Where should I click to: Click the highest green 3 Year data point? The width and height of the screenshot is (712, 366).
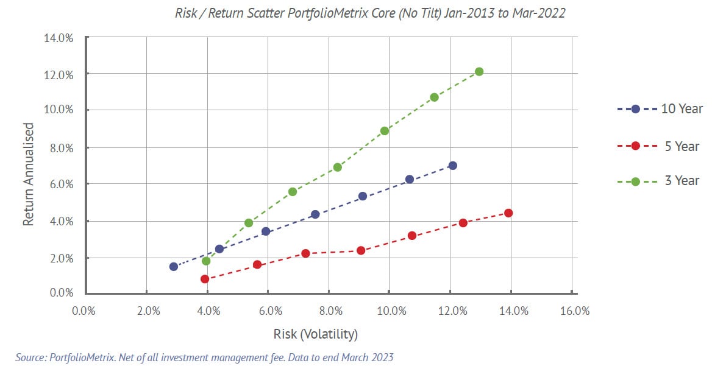479,72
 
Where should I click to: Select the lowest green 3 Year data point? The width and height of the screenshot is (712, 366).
206,261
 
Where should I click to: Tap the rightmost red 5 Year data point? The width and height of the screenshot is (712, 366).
508,213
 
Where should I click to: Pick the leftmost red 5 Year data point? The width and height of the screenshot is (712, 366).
205,279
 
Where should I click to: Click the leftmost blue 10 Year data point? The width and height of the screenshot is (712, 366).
174,266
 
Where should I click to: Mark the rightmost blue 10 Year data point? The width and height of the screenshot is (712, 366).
452,166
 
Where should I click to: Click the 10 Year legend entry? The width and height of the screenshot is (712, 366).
660,109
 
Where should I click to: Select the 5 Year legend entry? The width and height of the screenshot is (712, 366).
660,146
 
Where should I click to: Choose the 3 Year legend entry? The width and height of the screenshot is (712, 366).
660,181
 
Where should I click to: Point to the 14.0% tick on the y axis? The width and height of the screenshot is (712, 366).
60,38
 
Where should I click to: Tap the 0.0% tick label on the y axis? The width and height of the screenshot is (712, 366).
61,294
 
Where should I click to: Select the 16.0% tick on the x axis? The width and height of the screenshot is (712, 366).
574,311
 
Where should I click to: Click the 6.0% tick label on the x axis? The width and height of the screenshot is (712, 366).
270,311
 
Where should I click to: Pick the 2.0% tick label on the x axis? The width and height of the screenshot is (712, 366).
148,311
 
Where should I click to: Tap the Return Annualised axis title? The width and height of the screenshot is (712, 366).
28,174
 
